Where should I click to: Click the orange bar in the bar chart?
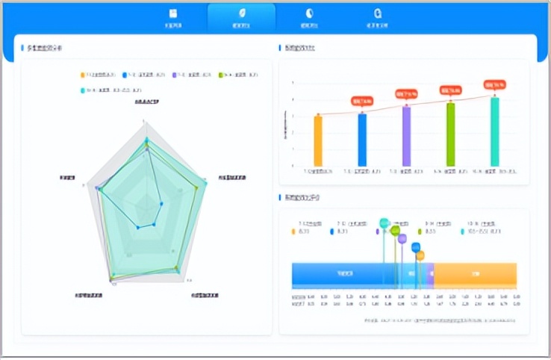click(x=318, y=140)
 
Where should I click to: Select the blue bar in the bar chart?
click(x=362, y=140)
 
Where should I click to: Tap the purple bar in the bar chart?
click(x=406, y=135)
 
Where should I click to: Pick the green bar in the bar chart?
click(x=450, y=134)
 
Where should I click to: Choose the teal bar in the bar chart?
click(x=494, y=131)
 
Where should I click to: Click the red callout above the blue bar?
click(x=362, y=101)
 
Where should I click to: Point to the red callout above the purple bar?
click(x=406, y=94)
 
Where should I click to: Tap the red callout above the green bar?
click(x=450, y=90)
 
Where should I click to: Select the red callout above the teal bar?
click(x=494, y=84)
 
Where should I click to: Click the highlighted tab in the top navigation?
click(x=241, y=19)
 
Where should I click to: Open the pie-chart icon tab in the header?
click(x=309, y=18)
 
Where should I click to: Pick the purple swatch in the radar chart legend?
click(x=175, y=75)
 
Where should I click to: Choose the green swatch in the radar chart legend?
click(x=220, y=75)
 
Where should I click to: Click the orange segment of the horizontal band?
click(x=475, y=274)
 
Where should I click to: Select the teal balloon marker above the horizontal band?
click(x=385, y=223)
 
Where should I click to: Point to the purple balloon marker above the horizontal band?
click(x=402, y=239)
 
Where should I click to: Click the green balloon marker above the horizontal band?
click(x=395, y=231)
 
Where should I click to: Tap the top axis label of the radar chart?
click(x=146, y=101)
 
